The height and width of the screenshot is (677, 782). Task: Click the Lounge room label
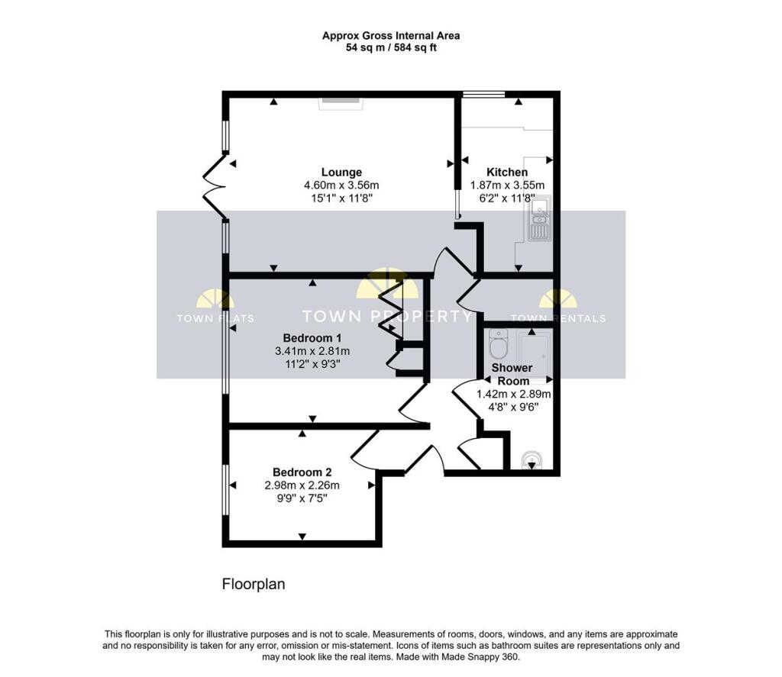click(341, 172)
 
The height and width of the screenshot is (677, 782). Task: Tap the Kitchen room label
click(507, 172)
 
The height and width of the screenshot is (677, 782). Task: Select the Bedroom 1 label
click(312, 338)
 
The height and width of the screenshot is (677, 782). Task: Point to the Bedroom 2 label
click(302, 472)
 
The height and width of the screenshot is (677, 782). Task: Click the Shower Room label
click(512, 375)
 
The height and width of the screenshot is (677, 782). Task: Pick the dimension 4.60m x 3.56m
click(341, 185)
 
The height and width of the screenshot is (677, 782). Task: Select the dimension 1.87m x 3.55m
click(508, 185)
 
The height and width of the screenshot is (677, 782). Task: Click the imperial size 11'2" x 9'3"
click(312, 364)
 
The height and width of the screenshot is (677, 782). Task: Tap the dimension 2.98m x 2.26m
click(302, 485)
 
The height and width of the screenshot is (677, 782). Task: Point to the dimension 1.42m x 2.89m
click(514, 395)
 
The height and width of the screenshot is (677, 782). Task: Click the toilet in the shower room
click(498, 343)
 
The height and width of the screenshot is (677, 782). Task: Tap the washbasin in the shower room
click(532, 460)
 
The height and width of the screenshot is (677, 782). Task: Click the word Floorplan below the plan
click(254, 584)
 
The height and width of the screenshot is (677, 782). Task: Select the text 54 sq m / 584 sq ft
click(392, 48)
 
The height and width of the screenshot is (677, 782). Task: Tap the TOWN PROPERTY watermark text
click(387, 316)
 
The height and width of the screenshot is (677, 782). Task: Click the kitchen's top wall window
click(483, 94)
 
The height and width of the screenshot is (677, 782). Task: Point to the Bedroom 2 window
click(225, 490)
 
